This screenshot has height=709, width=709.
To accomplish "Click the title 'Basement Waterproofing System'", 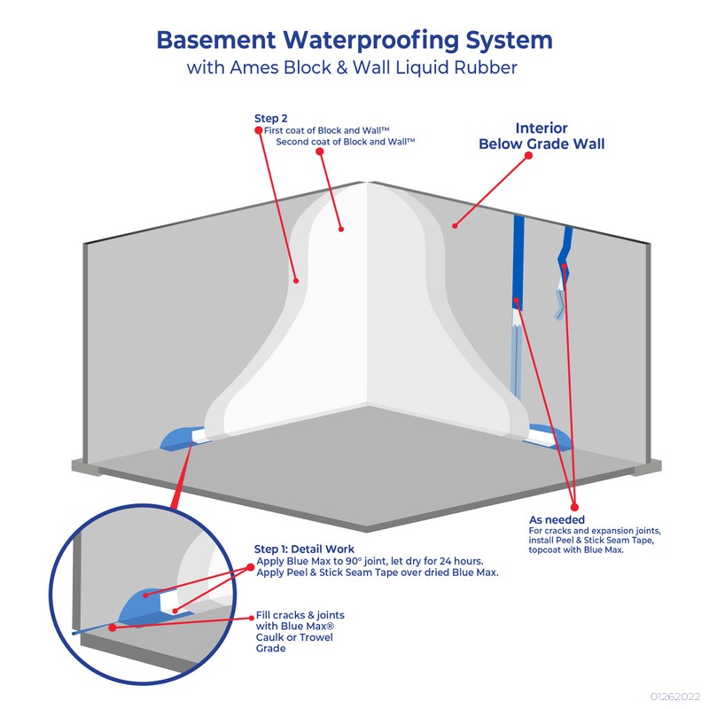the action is pyautogui.click(x=354, y=41).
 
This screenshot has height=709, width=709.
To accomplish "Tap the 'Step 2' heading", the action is pyautogui.click(x=271, y=119).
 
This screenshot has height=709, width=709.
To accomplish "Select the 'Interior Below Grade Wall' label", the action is pyautogui.click(x=541, y=136).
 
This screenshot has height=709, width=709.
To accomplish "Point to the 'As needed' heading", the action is pyautogui.click(x=557, y=519).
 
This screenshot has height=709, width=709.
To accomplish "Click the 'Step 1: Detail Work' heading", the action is pyautogui.click(x=304, y=549).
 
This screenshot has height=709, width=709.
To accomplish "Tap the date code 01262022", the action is pyautogui.click(x=675, y=697).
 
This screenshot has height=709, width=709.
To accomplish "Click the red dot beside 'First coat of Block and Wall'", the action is pyautogui.click(x=259, y=130).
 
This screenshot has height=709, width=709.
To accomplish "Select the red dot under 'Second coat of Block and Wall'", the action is pyautogui.click(x=320, y=151).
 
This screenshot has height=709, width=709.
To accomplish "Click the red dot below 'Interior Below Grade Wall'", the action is pyautogui.click(x=528, y=156).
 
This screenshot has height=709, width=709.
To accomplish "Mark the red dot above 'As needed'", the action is pyautogui.click(x=574, y=507).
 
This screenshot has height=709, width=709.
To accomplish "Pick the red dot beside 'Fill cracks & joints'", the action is pyautogui.click(x=252, y=618).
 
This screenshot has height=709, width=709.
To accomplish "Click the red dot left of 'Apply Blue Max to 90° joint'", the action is pyautogui.click(x=251, y=567).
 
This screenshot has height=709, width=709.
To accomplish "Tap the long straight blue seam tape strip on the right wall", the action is pyautogui.click(x=518, y=262).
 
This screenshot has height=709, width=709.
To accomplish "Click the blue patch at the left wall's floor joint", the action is pyautogui.click(x=182, y=438).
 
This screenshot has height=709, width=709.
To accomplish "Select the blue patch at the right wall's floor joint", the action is pyautogui.click(x=549, y=436).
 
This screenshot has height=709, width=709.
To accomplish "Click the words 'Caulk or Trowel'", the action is pyautogui.click(x=294, y=637).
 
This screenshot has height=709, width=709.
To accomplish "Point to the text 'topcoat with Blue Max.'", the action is pyautogui.click(x=576, y=550).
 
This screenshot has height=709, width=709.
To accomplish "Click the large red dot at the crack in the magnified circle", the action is pyautogui.click(x=113, y=627).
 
